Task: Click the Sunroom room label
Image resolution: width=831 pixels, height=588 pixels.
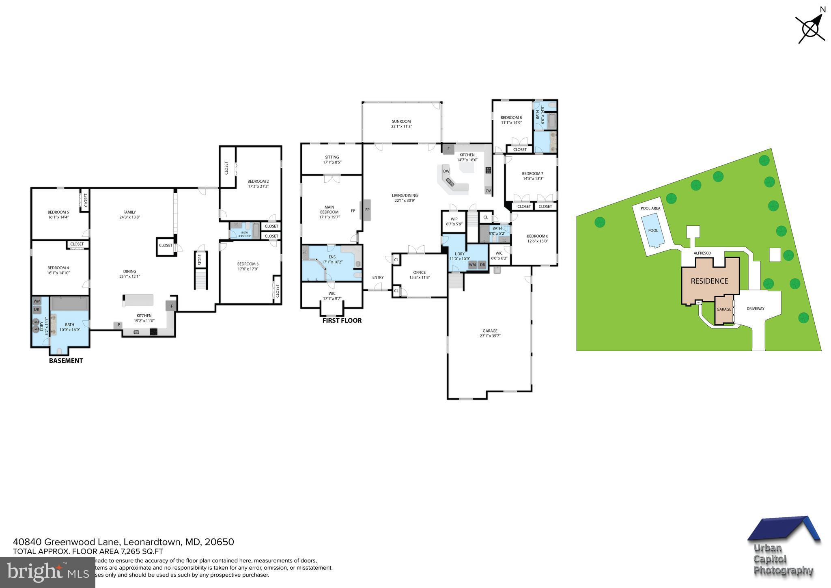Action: tap(401, 124)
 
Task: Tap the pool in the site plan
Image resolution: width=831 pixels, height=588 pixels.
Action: tap(652, 231)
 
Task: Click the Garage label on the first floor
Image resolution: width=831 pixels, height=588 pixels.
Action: tap(490, 333)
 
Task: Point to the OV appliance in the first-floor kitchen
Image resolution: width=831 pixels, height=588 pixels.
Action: tap(488, 191)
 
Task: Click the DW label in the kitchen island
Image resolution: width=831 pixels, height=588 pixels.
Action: tap(446, 171)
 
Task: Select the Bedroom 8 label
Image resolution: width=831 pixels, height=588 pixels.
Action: tap(511, 120)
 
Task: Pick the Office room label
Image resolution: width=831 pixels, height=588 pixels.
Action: tap(419, 275)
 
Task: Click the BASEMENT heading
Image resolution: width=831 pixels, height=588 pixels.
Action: tap(66, 361)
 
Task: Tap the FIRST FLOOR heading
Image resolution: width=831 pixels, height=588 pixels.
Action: tap(342, 320)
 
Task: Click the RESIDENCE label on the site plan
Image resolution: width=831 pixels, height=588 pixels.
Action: tap(709, 281)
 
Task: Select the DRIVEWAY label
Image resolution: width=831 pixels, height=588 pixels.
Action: tap(755, 309)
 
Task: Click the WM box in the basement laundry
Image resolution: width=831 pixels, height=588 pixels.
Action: tap(37, 301)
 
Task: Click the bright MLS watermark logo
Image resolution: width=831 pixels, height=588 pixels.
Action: tap(47, 572)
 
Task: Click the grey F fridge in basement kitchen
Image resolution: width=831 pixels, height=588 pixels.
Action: tap(171, 306)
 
